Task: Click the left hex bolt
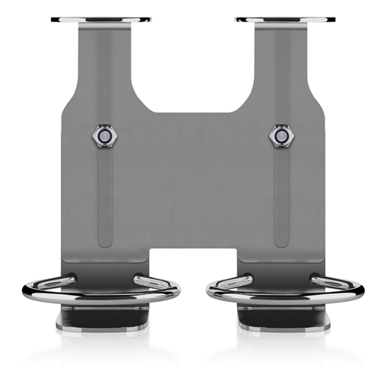(x=103, y=136)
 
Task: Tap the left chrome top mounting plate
(x=100, y=20)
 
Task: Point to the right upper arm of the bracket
(x=280, y=61)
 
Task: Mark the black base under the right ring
(x=280, y=319)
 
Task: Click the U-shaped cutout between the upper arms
(x=190, y=68)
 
